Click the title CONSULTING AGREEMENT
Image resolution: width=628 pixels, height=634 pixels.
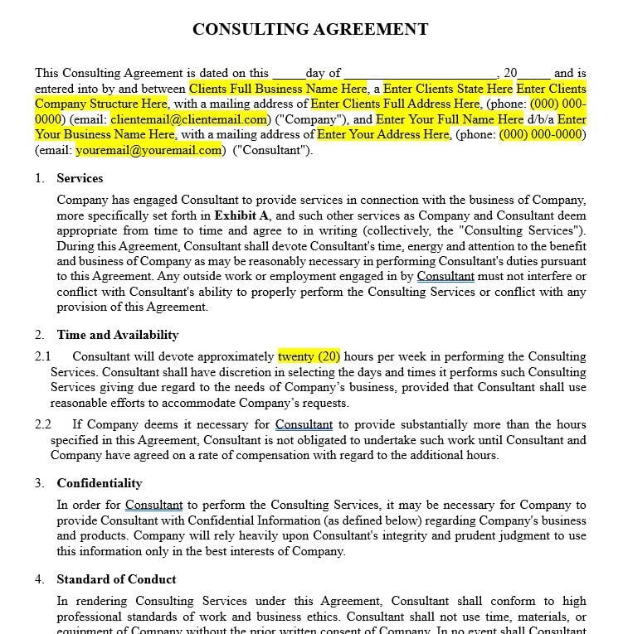coord(310,29)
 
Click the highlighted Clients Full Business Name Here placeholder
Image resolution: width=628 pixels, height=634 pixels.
coord(277,89)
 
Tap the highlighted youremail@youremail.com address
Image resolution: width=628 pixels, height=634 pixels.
coord(149,150)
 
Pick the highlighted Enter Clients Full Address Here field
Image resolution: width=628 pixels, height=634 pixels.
coord(395,104)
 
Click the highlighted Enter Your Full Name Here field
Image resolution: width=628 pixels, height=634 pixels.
coord(450,119)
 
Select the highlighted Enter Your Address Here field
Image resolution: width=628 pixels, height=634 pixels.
coord(382,134)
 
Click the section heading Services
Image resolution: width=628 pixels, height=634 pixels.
coord(80,178)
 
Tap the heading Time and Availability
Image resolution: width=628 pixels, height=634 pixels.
coord(118,335)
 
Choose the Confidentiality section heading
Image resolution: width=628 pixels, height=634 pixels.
coord(99,483)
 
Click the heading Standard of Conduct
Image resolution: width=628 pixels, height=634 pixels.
coord(116,579)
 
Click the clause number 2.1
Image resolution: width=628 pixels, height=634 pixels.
coord(43,356)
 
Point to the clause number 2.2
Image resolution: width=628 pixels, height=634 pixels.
coord(43,424)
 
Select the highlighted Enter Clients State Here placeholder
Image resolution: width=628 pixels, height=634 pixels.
coord(447,89)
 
